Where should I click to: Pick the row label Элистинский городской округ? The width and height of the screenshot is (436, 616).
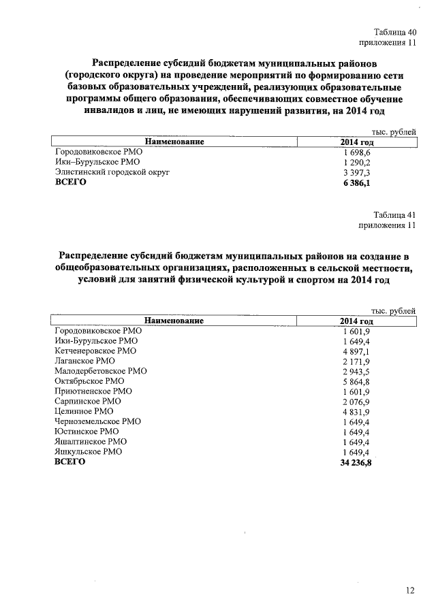[x=112, y=172]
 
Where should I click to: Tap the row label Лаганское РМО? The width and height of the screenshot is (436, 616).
[x=84, y=361]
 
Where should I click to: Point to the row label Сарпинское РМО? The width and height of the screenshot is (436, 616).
[x=89, y=402]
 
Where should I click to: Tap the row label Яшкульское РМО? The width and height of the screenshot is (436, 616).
[x=88, y=451]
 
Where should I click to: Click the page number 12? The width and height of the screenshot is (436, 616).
[x=409, y=590]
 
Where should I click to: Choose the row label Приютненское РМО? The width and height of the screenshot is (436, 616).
[x=93, y=391]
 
